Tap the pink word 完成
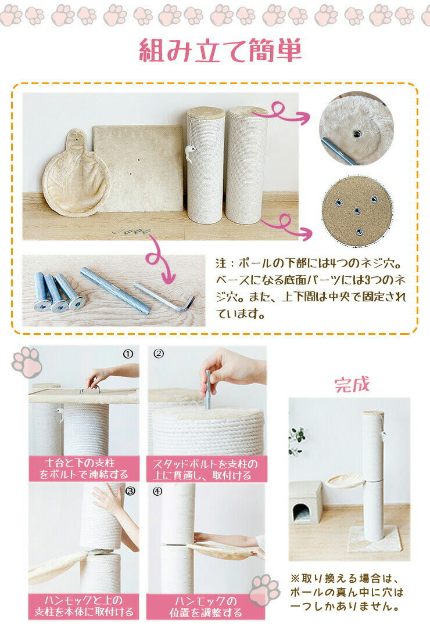352,385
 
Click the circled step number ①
129,353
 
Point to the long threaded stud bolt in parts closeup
114,290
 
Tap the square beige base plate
138,168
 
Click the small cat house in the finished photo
306,503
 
